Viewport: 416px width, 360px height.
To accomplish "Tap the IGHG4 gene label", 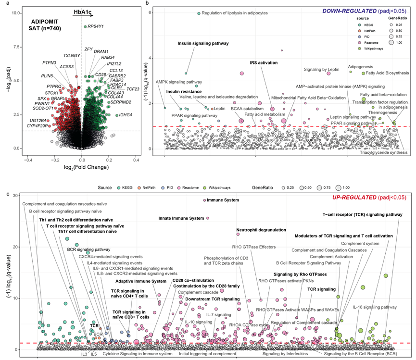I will click(126, 115).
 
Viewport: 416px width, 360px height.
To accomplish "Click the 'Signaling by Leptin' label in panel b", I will click(322, 70).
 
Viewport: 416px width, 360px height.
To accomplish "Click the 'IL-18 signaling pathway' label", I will click(375, 307).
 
